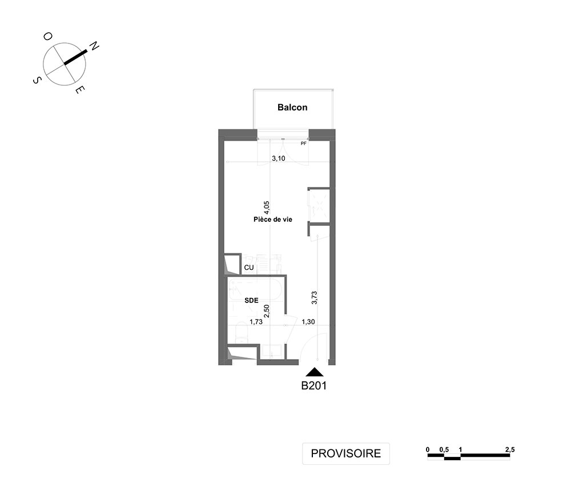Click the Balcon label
click(x=292, y=107)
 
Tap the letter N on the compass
click(x=94, y=46)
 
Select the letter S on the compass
click(x=37, y=80)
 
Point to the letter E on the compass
click(x=80, y=90)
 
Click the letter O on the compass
click(x=48, y=36)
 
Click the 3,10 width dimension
click(x=279, y=158)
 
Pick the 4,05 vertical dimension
click(x=266, y=208)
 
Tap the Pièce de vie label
click(x=273, y=220)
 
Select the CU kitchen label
click(x=249, y=268)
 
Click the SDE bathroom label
click(x=251, y=300)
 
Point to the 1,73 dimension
click(x=256, y=322)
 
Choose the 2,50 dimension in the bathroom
click(x=266, y=311)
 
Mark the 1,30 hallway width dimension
click(x=308, y=322)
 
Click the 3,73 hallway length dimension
click(x=314, y=297)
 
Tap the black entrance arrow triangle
click(x=315, y=372)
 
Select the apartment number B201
click(x=314, y=386)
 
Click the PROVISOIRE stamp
click(x=346, y=453)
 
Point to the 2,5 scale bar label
click(x=510, y=450)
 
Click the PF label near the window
click(x=304, y=144)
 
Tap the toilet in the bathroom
click(x=242, y=333)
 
